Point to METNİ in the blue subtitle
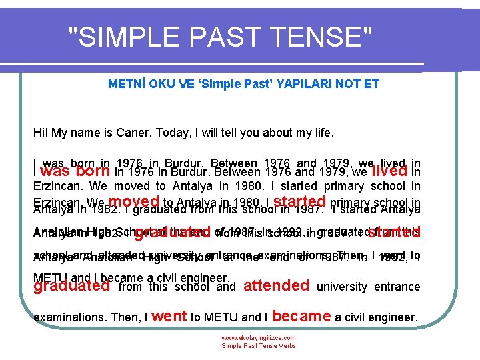tap(125, 84)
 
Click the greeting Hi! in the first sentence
tap(41, 133)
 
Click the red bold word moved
tap(133, 201)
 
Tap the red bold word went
tap(169, 316)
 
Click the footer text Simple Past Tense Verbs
tap(259, 346)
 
